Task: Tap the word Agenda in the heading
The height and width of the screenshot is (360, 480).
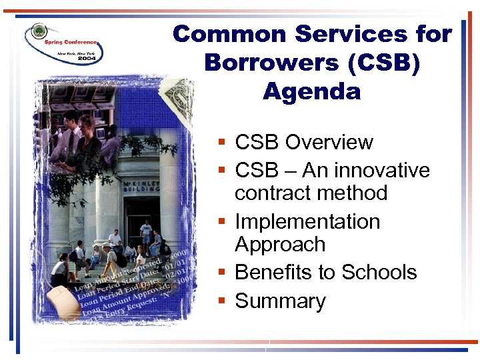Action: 311,91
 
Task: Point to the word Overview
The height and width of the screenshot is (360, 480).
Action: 329,142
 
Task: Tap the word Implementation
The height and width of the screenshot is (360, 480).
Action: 307,221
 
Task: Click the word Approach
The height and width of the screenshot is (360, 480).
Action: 280,244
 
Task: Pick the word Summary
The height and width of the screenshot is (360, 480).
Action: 280,301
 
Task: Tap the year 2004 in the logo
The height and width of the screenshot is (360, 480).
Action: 87,59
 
